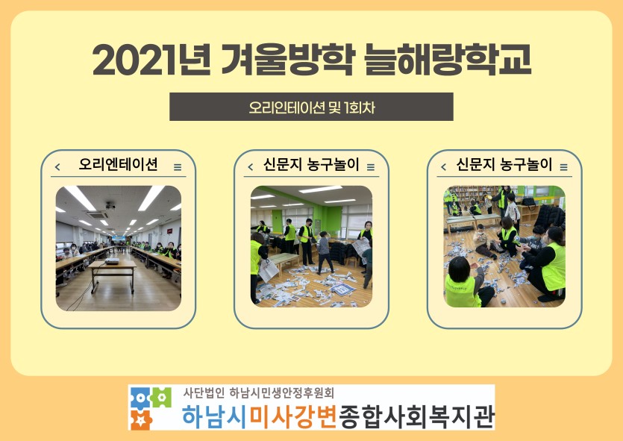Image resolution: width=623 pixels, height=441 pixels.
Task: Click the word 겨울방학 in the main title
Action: point(287,60)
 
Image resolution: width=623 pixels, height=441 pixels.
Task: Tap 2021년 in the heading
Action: point(151,60)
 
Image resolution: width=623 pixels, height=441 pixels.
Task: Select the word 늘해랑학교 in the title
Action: point(448,60)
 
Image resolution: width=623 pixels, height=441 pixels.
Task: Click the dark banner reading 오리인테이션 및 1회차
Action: point(311,107)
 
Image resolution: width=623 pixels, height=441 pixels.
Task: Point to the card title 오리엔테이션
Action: point(118,164)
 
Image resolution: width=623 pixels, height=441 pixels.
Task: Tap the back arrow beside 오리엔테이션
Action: point(57,167)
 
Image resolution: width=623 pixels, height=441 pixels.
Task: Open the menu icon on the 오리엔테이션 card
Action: point(178,167)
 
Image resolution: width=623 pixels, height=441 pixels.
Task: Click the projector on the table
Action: point(112,261)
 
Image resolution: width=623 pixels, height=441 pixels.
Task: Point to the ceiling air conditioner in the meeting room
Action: point(97,215)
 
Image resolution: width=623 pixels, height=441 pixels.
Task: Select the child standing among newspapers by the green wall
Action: point(325,252)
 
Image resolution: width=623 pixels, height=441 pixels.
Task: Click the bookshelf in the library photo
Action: point(473,194)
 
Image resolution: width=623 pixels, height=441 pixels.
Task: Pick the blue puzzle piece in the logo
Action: point(140,398)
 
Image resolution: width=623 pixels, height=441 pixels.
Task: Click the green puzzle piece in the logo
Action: point(161,396)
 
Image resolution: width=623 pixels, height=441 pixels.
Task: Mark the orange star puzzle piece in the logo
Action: point(141,419)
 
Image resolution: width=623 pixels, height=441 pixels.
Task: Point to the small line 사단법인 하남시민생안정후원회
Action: point(259,393)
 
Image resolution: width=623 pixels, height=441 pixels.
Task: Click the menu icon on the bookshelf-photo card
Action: point(564,167)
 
